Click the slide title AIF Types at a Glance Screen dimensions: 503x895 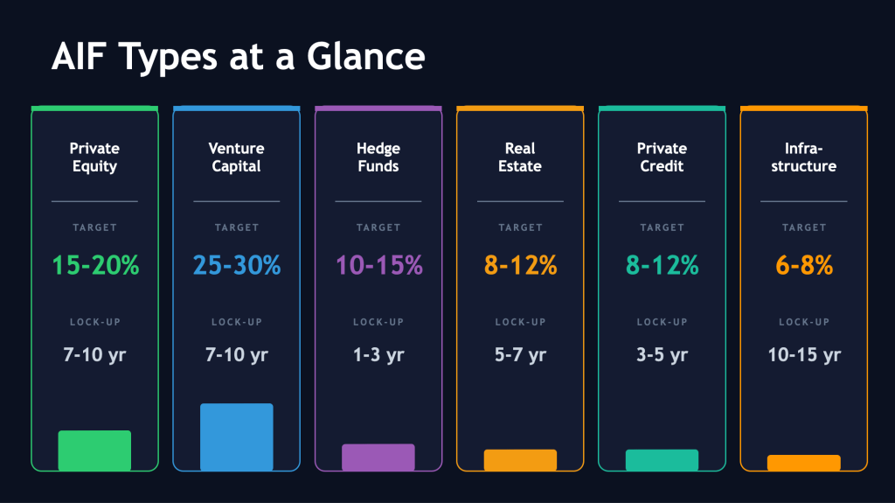pos(238,58)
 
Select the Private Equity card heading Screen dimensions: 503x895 pos(94,157)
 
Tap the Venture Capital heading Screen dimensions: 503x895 pos(236,157)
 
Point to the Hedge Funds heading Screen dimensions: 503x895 pos(378,157)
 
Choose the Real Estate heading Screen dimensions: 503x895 pos(520,157)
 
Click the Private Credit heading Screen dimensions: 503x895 pos(662,157)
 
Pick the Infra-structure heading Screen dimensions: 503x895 pos(804,157)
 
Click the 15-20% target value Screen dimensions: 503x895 pos(94,265)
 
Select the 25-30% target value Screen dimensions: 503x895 pos(236,265)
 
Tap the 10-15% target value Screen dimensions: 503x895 pos(378,265)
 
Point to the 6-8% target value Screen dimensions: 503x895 pos(804,265)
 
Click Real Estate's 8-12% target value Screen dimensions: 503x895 pos(520,265)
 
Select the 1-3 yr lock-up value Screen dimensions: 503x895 pos(378,355)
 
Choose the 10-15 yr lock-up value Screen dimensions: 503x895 pos(804,355)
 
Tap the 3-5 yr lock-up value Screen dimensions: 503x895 pos(662,355)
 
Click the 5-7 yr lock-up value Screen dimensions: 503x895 pos(520,355)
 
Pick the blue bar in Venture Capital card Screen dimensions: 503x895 pos(236,437)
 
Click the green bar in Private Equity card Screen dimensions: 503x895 pos(94,451)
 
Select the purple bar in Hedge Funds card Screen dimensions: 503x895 pos(378,458)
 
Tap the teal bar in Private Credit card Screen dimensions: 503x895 pos(662,460)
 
